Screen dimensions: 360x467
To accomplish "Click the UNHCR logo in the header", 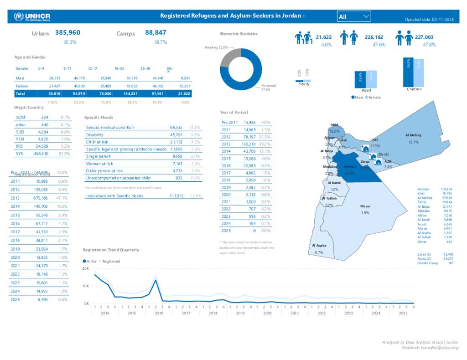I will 32,17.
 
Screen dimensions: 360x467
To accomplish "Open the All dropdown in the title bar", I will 354,16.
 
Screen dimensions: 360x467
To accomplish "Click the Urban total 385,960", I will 68,33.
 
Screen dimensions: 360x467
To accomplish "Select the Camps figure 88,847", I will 156,33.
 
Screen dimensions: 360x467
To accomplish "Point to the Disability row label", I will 95,135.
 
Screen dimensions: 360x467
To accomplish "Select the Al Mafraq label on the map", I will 413,135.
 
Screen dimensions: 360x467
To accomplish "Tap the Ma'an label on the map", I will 365,206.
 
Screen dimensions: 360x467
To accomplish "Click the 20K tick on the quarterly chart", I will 86,268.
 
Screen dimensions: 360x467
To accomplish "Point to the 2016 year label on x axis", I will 159,314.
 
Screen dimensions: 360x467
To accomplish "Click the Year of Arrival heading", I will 233,112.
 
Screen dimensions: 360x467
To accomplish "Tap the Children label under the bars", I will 414,89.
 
